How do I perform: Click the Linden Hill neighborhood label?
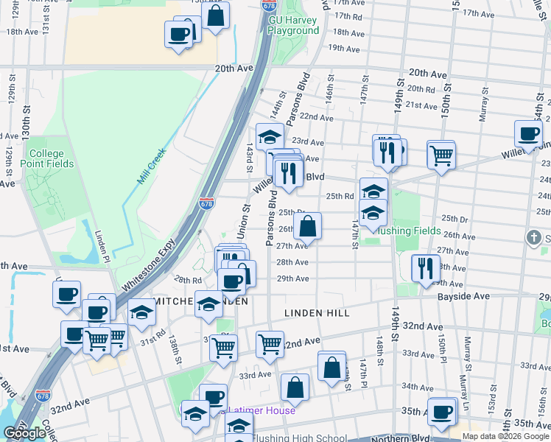[x=317, y=313]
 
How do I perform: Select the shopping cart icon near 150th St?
[x=441, y=155]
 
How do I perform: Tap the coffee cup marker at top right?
[x=528, y=134]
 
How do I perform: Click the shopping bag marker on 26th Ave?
[x=308, y=225]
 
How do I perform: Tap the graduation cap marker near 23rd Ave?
[x=269, y=136]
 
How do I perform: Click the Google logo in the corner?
[x=24, y=433]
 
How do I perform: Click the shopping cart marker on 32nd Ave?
[x=270, y=343]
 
